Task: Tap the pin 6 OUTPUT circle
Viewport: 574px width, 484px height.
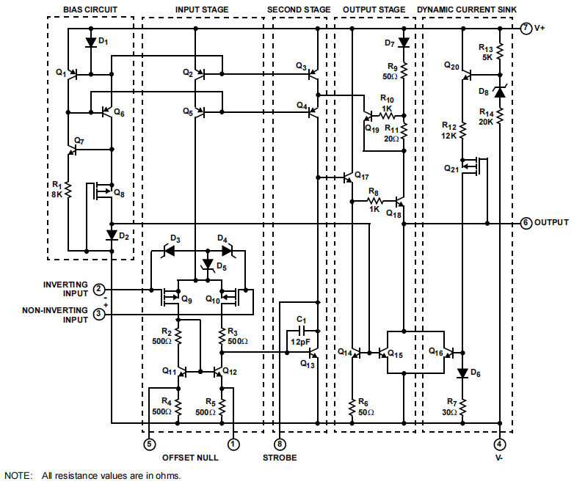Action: pyautogui.click(x=526, y=222)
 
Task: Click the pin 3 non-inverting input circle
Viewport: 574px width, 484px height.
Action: pyautogui.click(x=99, y=315)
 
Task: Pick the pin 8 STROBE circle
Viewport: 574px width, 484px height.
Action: pyautogui.click(x=280, y=444)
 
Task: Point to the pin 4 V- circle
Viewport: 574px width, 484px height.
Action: pyautogui.click(x=499, y=444)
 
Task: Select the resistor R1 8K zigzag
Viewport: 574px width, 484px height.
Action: pyautogui.click(x=67, y=190)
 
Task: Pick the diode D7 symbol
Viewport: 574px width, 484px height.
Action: pyautogui.click(x=403, y=43)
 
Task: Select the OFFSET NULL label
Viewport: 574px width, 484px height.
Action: pyautogui.click(x=190, y=458)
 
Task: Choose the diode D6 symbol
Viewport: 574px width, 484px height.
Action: pyautogui.click(x=462, y=373)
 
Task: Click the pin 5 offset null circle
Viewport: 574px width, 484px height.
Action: pyautogui.click(x=150, y=444)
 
